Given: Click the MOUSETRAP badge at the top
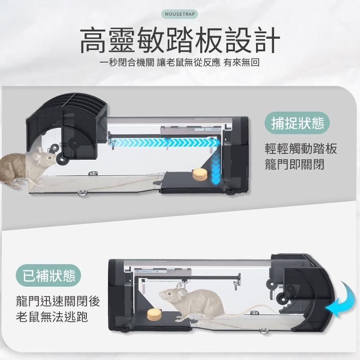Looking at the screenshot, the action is tap(180, 14).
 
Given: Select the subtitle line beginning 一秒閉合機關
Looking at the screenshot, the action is tap(180, 63).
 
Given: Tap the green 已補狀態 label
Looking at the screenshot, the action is tap(49, 275).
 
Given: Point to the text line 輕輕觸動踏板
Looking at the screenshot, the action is tap(301, 148).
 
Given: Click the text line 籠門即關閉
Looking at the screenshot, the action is tap(295, 165).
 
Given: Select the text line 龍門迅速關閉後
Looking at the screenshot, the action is tap(58, 301).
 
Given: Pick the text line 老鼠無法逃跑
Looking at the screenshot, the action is tap(52, 317).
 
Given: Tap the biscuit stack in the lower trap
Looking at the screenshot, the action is tap(154, 315).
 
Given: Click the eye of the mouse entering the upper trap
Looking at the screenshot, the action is tap(49, 158).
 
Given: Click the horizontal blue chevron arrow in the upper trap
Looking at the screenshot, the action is tap(165, 143).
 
